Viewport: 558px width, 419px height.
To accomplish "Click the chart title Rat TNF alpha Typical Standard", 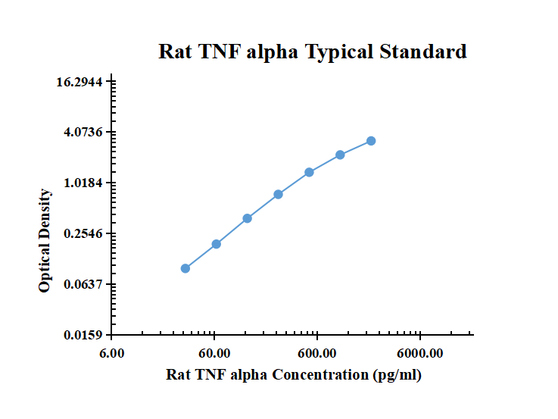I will pos(312,52).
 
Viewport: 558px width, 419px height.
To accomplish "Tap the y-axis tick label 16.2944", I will pos(83,82).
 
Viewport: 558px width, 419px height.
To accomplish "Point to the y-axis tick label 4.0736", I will pos(83,133).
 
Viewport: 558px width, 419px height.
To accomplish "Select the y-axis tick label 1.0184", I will pos(83,183).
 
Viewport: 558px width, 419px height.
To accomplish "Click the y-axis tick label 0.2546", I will pos(83,233).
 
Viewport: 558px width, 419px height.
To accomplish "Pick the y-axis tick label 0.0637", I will pos(83,284).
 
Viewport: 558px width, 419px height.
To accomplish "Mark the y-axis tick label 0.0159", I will pos(83,335).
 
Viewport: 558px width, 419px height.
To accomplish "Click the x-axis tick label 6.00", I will pos(112,353).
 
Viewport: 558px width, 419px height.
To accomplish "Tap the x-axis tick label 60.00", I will pos(214,353).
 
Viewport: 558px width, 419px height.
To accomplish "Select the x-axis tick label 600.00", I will pos(317,353).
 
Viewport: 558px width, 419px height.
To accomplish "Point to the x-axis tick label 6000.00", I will pos(420,353).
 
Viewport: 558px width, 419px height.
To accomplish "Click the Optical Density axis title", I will pos(45,241).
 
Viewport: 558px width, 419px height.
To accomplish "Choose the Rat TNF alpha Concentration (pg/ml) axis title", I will pos(294,375).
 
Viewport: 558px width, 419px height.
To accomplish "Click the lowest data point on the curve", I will pos(185,268).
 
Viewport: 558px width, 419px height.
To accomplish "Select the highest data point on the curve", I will pos(371,141).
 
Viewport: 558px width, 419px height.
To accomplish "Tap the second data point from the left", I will pos(217,244).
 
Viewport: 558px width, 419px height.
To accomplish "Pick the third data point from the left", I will pos(248,218).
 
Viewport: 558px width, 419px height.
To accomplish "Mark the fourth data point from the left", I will pos(279,195).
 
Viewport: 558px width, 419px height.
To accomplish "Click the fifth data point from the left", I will pos(310,172).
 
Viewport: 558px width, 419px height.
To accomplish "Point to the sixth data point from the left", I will pos(341,155).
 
